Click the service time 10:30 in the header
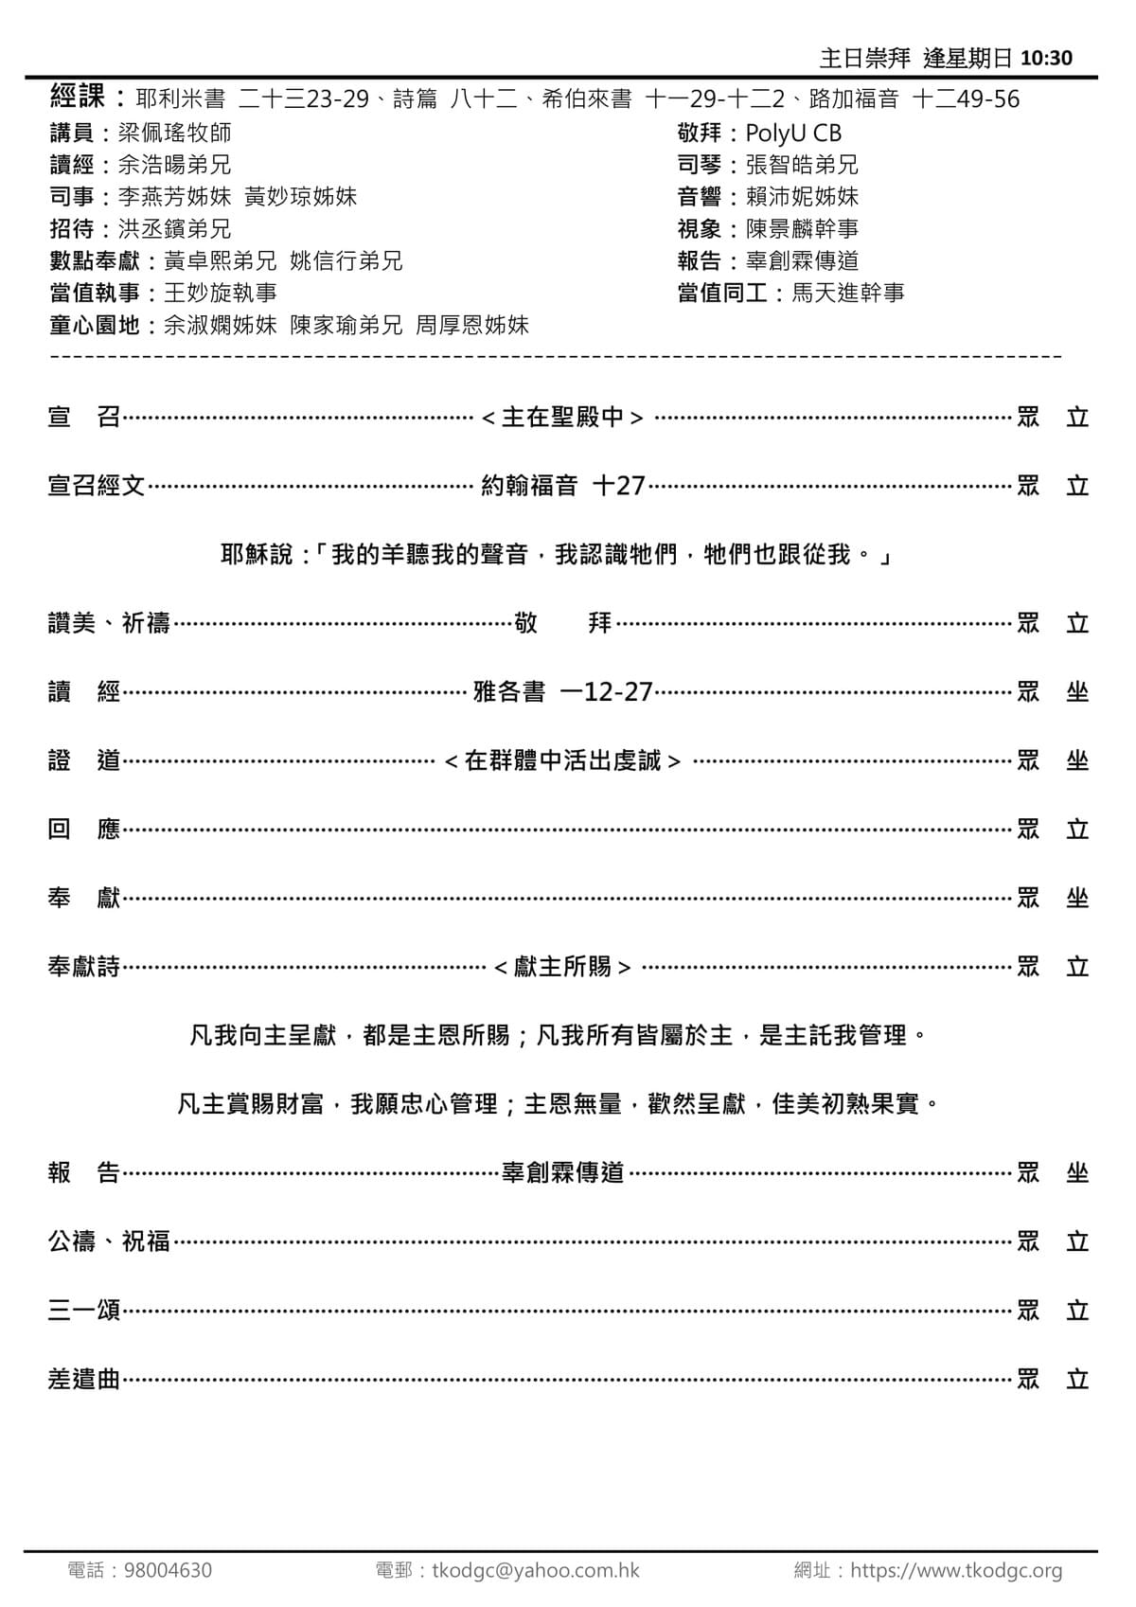[1047, 59]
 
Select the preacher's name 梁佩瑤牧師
[174, 133]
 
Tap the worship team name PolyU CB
[793, 133]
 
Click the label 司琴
[700, 165]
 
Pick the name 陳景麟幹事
[802, 229]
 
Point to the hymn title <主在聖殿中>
[563, 418]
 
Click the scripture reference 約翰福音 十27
[563, 486]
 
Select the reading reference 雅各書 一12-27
[563, 692]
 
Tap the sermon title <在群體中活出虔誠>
[563, 761]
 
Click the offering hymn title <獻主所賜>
[563, 967]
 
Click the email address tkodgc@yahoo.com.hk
[536, 1570]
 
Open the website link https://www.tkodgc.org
[956, 1570]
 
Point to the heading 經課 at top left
[77, 97]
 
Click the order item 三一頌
[84, 1311]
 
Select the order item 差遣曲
[84, 1380]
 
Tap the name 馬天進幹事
[847, 294]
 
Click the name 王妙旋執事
[220, 294]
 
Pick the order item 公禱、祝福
[109, 1241]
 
